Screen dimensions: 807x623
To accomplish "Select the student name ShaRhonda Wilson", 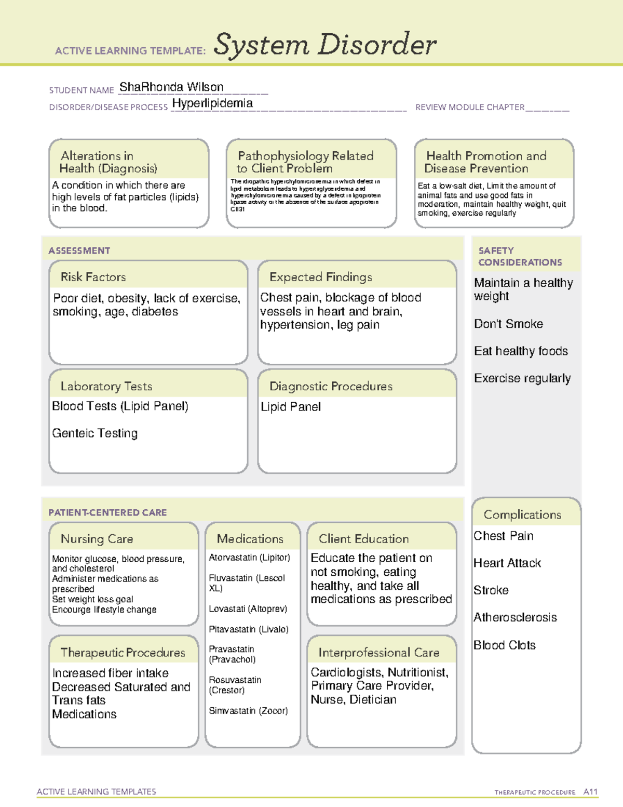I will coord(171,87).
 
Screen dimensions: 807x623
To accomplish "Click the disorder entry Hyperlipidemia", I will coord(212,103).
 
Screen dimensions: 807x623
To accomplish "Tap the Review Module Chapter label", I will coord(469,107).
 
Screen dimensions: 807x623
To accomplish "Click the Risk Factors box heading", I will coord(93,277).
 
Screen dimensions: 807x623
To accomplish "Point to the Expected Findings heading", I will coord(320,277).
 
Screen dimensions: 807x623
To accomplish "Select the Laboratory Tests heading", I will coord(106,386).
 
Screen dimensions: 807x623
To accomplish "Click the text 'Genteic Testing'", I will coord(95,433).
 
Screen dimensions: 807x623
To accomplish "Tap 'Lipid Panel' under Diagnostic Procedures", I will coord(291,407).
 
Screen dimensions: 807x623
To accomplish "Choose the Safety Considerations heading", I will coord(520,256).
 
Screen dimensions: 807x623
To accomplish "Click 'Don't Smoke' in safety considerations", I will coord(508,324).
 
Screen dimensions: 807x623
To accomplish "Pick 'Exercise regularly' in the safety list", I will coord(522,378).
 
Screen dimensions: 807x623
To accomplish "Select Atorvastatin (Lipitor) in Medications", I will coord(249,558).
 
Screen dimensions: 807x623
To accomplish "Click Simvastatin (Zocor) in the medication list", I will coord(248,710).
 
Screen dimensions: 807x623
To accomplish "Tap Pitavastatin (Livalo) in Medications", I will coord(249,629).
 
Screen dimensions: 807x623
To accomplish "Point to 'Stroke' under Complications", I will coord(491,590).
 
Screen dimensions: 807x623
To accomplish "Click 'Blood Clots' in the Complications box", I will coord(505,645).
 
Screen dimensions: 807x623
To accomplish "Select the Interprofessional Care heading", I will coord(378,652).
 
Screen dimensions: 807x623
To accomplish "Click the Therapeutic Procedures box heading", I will coord(123,652).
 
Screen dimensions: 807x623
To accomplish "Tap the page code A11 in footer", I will coord(590,791).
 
